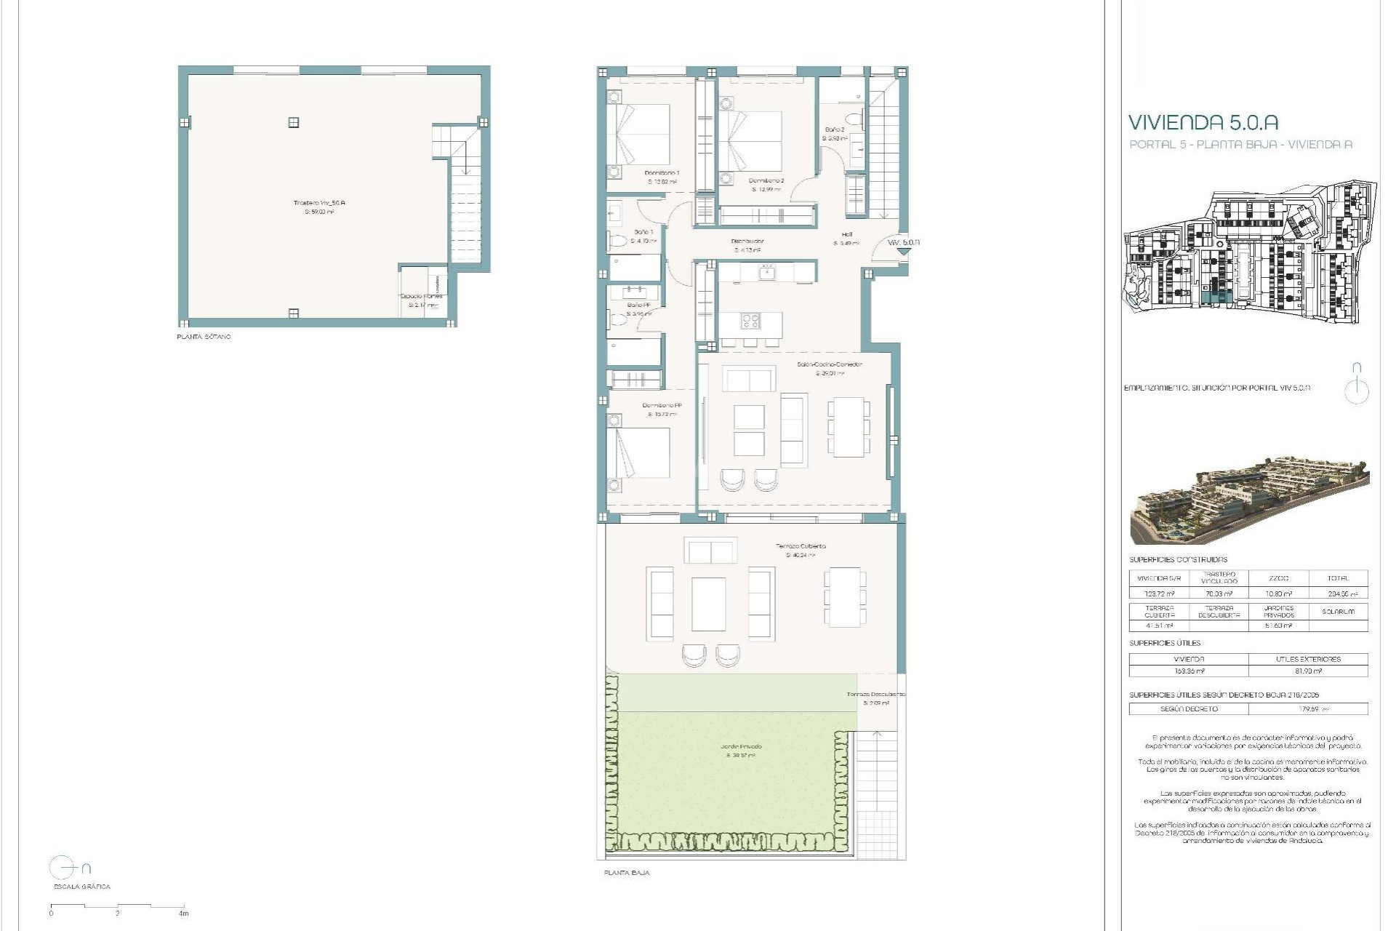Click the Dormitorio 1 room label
click(662, 173)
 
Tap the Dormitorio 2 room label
click(766, 180)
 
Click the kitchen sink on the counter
click(766, 273)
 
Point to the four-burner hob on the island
click(750, 321)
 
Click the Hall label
click(846, 235)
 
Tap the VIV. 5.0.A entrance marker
click(903, 242)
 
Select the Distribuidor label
click(747, 241)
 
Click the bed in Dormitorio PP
click(639, 452)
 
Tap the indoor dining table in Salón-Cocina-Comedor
click(848, 427)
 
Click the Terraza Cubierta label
click(801, 546)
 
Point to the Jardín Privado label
click(741, 747)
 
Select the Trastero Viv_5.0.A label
click(319, 203)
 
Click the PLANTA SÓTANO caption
click(204, 337)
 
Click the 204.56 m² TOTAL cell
click(1338, 594)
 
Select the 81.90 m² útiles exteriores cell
click(1308, 671)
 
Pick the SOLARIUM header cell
click(1338, 612)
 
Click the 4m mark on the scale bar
click(184, 914)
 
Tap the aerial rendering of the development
click(1249, 500)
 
